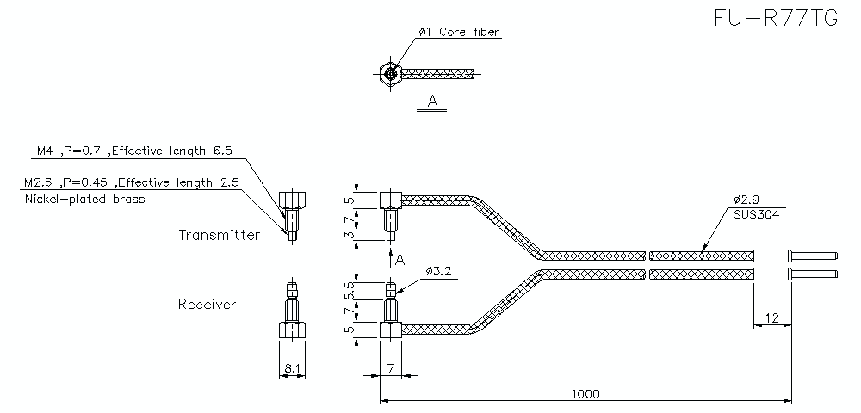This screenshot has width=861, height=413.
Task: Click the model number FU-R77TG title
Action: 776,19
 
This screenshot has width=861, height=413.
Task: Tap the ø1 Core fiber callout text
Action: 459,32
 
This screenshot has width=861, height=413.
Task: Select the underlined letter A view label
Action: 433,102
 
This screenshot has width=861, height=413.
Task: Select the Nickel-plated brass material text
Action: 84,199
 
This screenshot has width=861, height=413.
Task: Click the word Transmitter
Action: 219,235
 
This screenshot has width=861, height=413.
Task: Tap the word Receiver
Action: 207,304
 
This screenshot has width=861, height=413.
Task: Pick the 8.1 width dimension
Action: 292,369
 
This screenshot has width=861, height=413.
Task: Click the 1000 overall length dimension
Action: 585,393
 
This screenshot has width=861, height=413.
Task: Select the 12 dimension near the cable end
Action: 772,318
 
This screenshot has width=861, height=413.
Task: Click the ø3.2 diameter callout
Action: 438,272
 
